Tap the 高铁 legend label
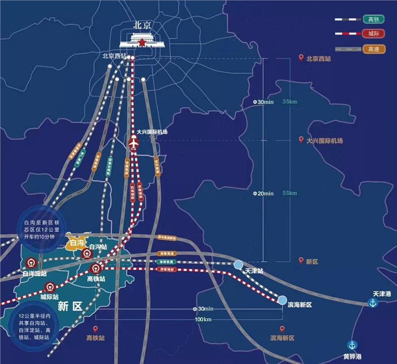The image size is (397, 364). tap(373, 19)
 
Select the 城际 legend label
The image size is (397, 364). tap(373, 34)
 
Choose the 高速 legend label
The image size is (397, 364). tap(373, 49)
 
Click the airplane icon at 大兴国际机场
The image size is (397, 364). tap(133, 143)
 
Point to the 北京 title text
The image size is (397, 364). tap(142, 24)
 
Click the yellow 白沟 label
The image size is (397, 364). tap(77, 243)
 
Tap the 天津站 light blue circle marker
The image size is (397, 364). tap(239, 265)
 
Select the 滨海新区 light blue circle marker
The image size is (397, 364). tap(282, 300)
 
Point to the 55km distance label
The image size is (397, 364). tap(289, 193)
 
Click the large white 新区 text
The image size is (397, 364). tap(70, 306)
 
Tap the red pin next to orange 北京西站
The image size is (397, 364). tap(301, 59)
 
